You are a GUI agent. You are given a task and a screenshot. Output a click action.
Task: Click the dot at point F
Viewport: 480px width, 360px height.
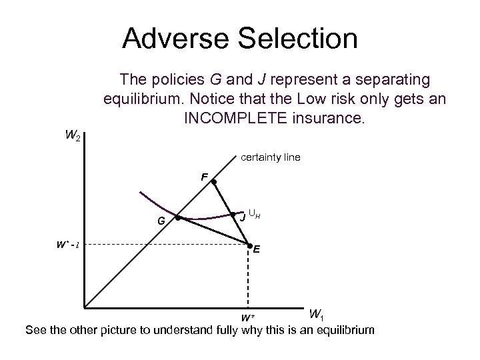(214, 181)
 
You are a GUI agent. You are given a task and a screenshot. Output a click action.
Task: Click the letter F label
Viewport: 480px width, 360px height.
(205, 177)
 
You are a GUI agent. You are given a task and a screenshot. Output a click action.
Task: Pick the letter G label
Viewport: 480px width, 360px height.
(161, 221)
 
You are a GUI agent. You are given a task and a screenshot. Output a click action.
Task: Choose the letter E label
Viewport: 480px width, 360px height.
(257, 251)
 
